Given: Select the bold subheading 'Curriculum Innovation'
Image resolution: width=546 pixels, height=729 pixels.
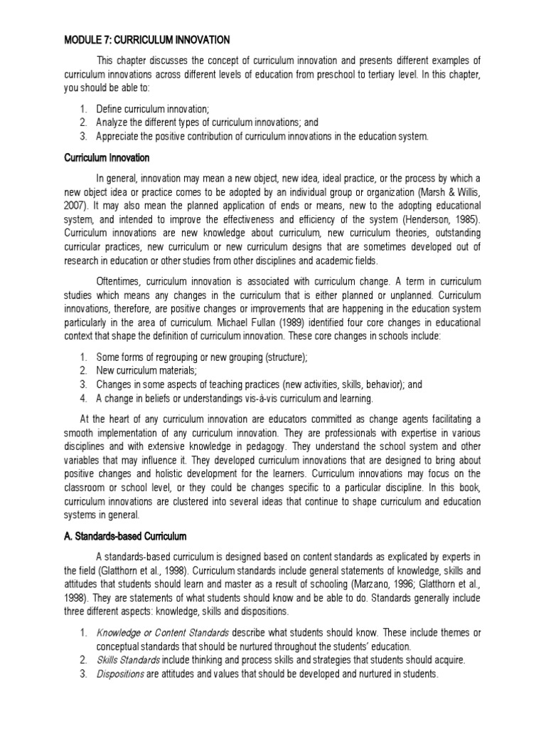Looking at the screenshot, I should pyautogui.click(x=106, y=157).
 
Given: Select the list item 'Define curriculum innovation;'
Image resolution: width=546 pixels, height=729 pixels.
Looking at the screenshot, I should pyautogui.click(x=152, y=109).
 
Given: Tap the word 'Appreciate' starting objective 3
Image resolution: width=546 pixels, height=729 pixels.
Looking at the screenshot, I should pyautogui.click(x=119, y=136).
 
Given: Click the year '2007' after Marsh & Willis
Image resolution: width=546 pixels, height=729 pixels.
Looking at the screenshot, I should pyautogui.click(x=74, y=206).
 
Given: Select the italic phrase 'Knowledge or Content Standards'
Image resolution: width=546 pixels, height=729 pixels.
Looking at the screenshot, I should pyautogui.click(x=162, y=633).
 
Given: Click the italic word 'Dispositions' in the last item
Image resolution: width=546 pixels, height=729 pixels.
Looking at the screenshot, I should pyautogui.click(x=119, y=673).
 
